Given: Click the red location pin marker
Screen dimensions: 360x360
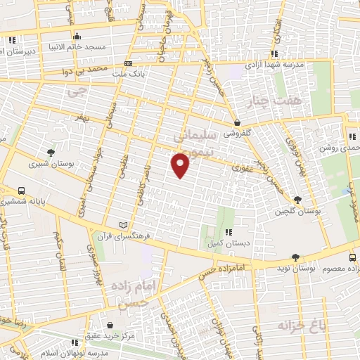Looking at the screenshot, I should click(181, 165).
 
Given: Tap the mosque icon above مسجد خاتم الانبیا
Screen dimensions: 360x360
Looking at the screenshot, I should click(77, 37).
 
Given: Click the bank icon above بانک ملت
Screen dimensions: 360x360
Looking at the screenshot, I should click(127, 63).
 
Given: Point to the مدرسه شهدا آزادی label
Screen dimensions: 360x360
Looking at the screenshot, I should click(274, 64).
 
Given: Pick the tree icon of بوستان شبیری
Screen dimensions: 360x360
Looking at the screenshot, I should click(51, 153).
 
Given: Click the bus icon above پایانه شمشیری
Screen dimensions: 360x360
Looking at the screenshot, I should click(22, 191).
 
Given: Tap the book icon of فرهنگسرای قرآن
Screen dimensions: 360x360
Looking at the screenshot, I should click(124, 224).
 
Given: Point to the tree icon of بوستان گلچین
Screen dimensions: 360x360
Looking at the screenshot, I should click(298, 200).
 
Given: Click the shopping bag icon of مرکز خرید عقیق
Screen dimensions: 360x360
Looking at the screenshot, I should click(111, 324).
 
